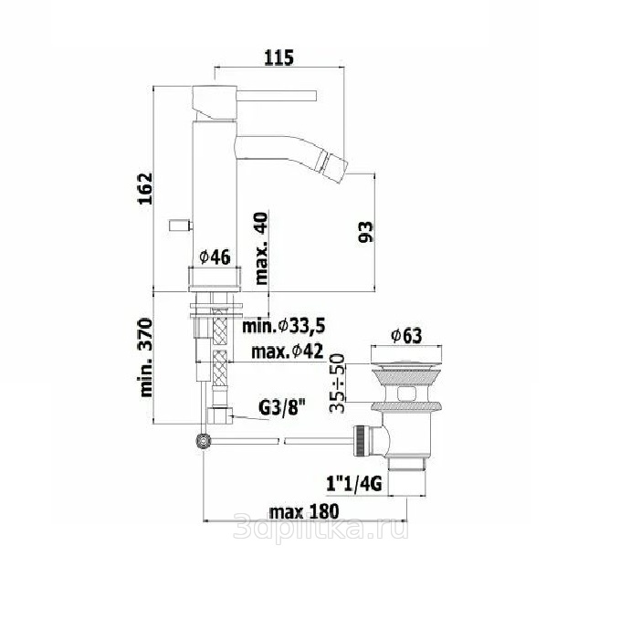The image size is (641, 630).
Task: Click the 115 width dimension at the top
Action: (x=278, y=58)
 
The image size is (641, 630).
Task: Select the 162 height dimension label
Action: (x=145, y=188)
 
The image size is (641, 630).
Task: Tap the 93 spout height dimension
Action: (x=366, y=232)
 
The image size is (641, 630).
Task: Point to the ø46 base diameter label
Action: (x=215, y=257)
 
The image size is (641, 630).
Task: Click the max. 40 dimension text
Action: (x=261, y=248)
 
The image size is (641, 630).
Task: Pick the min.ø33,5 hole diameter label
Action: (x=283, y=326)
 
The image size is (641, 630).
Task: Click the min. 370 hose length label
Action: (x=145, y=357)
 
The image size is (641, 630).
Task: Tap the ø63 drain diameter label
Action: (x=406, y=336)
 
